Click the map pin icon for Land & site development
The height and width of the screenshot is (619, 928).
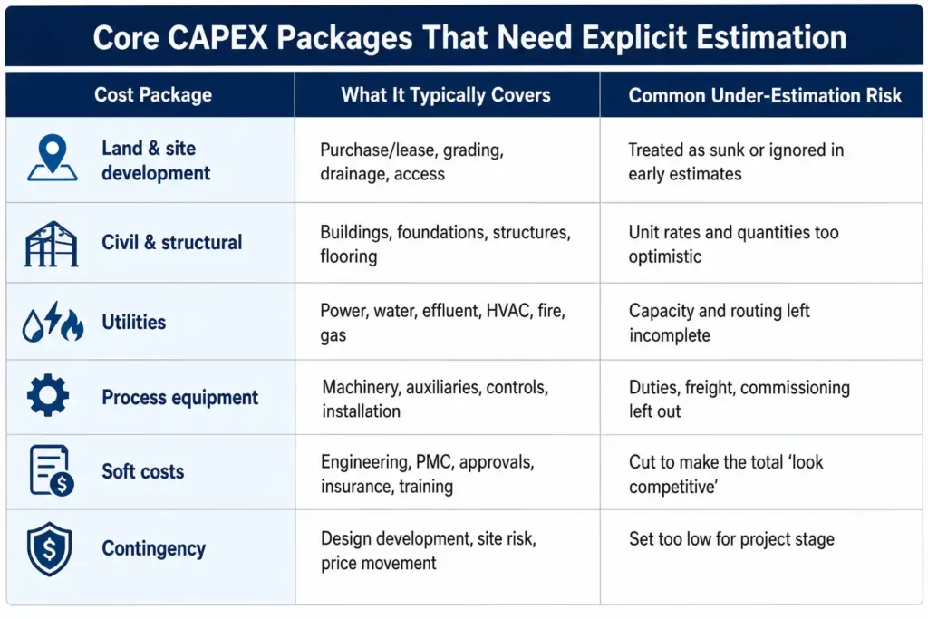click(x=52, y=158)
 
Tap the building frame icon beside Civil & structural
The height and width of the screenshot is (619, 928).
click(x=51, y=244)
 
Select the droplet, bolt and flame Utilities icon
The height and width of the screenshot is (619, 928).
click(x=53, y=322)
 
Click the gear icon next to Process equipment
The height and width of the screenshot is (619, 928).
click(x=48, y=395)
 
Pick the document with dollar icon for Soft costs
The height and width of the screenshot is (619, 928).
click(x=52, y=469)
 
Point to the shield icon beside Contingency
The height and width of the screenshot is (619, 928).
click(x=50, y=549)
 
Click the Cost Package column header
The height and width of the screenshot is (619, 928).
click(x=152, y=94)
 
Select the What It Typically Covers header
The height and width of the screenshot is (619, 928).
click(x=446, y=94)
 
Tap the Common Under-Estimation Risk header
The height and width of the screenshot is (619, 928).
click(x=765, y=95)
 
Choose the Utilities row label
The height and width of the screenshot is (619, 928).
click(x=134, y=322)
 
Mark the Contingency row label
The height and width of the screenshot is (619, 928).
click(x=154, y=548)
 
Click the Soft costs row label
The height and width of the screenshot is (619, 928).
click(x=142, y=471)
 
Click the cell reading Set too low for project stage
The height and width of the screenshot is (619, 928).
click(x=731, y=539)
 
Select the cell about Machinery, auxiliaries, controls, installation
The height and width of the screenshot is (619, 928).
click(x=435, y=399)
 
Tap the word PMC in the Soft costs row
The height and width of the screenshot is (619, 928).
click(x=434, y=462)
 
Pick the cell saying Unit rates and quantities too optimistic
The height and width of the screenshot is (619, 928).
click(x=733, y=244)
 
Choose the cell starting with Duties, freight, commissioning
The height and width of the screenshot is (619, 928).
click(x=739, y=399)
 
